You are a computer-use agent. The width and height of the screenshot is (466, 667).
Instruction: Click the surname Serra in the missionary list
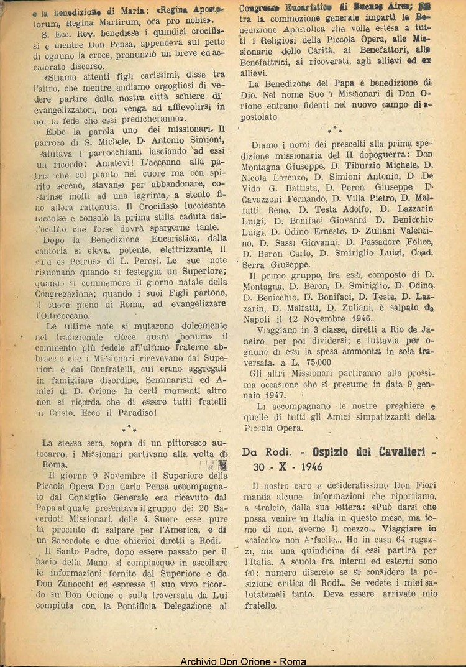point(257,264)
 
